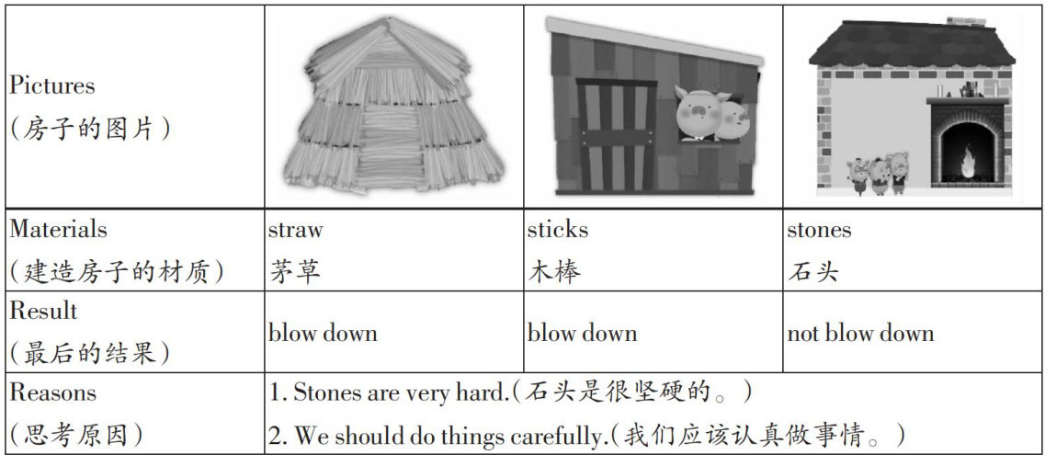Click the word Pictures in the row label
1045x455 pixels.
click(x=51, y=86)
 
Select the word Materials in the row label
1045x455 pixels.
click(x=58, y=230)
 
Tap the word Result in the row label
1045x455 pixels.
click(x=43, y=311)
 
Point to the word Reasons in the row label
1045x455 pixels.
click(x=52, y=392)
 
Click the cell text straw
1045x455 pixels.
click(x=295, y=230)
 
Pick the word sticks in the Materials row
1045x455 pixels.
click(x=557, y=230)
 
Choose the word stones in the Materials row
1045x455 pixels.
click(x=819, y=230)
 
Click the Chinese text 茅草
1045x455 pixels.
click(x=296, y=271)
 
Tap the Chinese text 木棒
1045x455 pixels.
click(x=554, y=271)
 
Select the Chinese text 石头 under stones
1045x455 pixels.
click(x=812, y=271)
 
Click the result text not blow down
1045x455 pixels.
click(x=860, y=333)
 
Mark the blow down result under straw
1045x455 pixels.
click(x=323, y=333)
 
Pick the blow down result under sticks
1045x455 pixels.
click(x=582, y=333)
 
